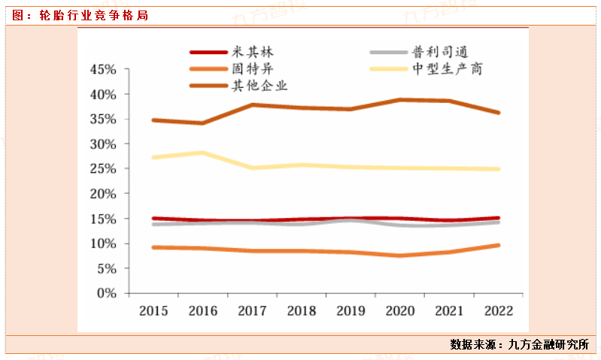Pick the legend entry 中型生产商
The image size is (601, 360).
(448, 68)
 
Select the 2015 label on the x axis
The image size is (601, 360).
(153, 310)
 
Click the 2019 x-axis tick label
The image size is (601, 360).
(351, 310)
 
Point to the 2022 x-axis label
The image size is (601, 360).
(498, 310)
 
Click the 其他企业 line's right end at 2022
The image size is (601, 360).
(498, 113)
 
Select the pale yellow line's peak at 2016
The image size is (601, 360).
(202, 153)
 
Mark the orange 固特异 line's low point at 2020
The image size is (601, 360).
(399, 256)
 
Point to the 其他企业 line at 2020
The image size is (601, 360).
(399, 99)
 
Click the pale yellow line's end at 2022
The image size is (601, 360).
(498, 169)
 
